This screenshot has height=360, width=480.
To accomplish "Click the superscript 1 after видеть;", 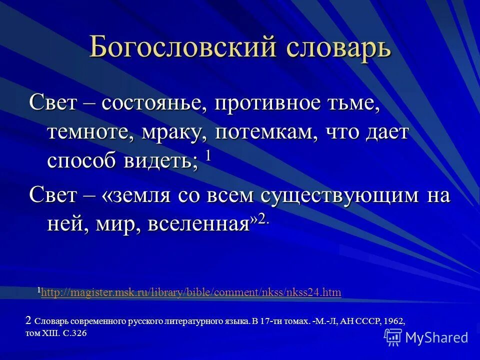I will (208, 154).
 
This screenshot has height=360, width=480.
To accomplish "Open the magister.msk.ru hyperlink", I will (191, 292).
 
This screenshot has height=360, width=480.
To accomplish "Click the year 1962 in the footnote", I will (394, 321).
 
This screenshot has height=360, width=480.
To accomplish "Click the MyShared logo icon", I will (393, 337).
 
